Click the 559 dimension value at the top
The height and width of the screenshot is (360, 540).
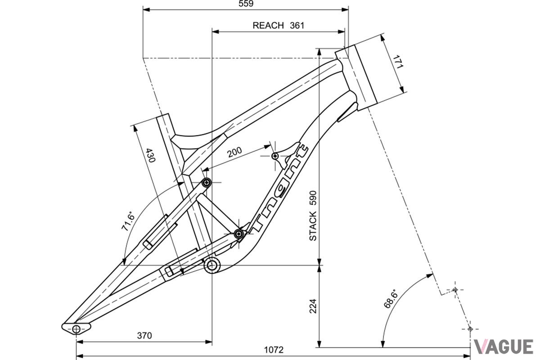tap(246, 4)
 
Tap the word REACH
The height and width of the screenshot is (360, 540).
tap(268, 26)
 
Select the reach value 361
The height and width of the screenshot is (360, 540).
tap(297, 26)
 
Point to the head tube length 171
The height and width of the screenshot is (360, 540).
tap(398, 62)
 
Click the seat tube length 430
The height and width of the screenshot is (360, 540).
tap(150, 155)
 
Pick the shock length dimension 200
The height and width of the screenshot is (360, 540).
tap(234, 152)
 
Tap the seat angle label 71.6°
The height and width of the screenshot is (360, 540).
tap(128, 221)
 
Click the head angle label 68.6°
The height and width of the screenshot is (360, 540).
tap(390, 298)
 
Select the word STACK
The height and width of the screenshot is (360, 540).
tap(313, 226)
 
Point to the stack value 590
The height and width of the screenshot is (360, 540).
tap(313, 198)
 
